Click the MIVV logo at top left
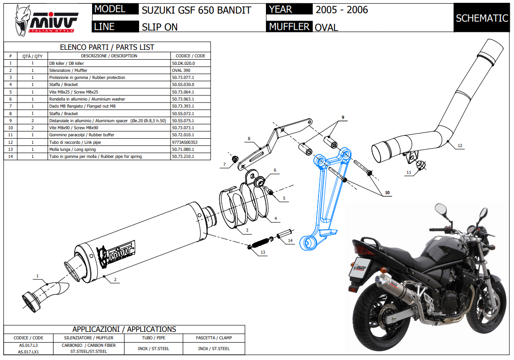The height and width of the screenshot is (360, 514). tap(45, 20)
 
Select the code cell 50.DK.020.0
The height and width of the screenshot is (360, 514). tap(183, 63)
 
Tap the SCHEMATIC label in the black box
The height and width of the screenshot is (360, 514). tap(482, 18)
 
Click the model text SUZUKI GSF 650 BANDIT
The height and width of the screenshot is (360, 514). tap(196, 10)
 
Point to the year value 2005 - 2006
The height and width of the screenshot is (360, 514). tap(342, 10)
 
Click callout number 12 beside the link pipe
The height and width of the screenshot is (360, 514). tap(460, 146)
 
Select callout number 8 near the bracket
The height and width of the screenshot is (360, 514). tap(249, 139)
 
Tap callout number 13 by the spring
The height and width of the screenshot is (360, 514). tap(263, 252)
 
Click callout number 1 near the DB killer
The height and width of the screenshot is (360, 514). tap(38, 275)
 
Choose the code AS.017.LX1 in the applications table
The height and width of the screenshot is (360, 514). tap(29, 352)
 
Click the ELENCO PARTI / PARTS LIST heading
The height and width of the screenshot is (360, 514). tap(107, 47)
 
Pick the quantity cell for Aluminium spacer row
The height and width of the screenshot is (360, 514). tap(32, 120)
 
